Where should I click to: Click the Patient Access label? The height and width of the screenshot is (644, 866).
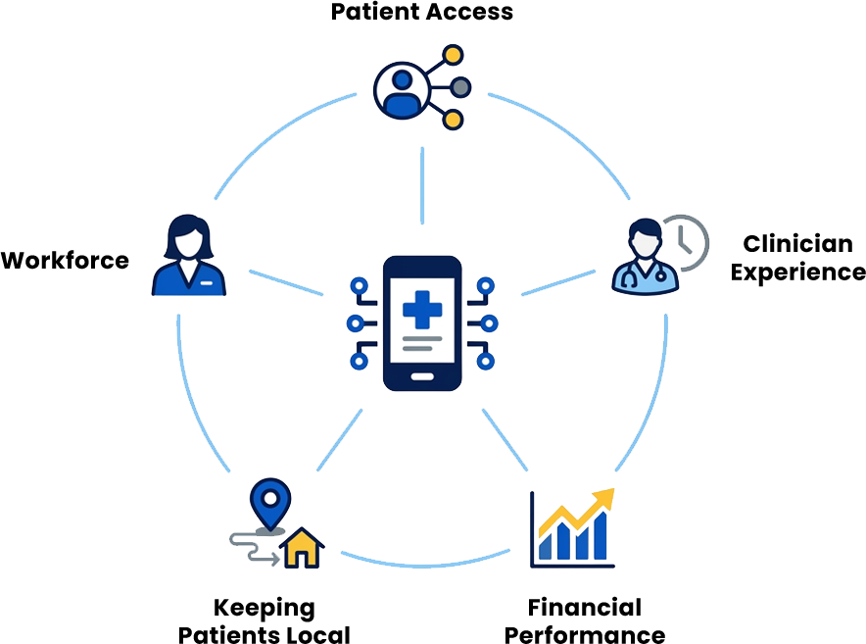(x=422, y=12)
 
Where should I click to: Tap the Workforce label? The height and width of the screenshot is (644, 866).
(x=66, y=261)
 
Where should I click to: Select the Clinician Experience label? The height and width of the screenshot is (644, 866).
(x=798, y=258)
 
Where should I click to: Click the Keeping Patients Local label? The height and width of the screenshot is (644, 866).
(x=264, y=620)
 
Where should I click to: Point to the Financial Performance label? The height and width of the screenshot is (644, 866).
(x=585, y=620)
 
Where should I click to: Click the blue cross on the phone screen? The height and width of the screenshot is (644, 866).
(x=422, y=310)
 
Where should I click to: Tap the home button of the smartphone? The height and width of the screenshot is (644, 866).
(x=422, y=376)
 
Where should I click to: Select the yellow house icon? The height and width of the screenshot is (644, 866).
(x=302, y=548)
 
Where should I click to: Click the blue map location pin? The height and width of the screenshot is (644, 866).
(x=270, y=504)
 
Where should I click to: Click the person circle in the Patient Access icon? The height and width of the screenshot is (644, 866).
(x=402, y=90)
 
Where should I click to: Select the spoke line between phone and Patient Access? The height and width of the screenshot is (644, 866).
(x=422, y=185)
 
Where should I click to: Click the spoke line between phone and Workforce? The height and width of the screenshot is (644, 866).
(x=286, y=282)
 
